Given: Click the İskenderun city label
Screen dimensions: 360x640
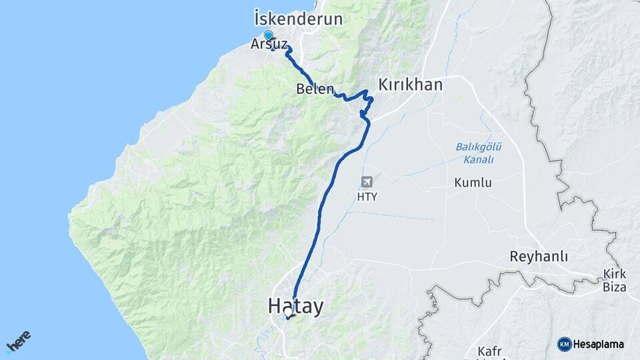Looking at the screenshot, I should point(298,19).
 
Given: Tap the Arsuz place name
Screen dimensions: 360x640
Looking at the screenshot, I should point(270,45).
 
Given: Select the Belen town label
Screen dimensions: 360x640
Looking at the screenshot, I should point(315,89).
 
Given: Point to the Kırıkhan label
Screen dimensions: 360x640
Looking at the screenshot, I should point(411,85).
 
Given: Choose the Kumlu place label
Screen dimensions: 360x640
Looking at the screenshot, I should point(473,183).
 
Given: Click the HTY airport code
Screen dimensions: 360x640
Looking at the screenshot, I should point(367,197).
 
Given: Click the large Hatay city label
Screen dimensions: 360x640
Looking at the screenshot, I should point(295,307).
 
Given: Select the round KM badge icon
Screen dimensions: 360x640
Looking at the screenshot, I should point(564,344).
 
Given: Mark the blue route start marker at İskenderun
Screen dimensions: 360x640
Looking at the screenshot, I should point(268,35).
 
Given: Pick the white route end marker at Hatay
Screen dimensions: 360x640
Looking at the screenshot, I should point(288,311).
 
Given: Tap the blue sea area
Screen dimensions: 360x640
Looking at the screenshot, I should point(100,100).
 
